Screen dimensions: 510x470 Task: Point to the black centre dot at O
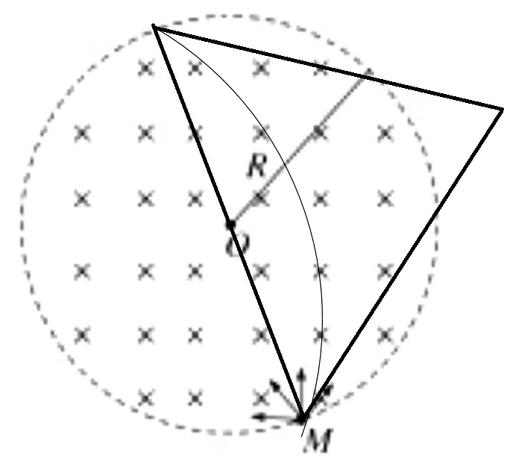point(230,224)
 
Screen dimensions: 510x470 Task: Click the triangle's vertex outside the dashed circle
point(502,110)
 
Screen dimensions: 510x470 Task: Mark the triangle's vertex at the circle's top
point(154,26)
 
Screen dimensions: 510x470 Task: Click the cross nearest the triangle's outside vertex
point(385,134)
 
